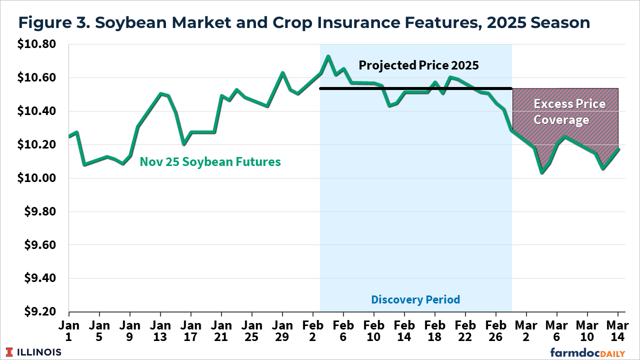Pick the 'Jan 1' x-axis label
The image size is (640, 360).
click(x=69, y=330)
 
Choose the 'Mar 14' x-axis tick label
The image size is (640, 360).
click(x=617, y=330)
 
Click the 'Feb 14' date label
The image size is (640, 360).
click(x=404, y=330)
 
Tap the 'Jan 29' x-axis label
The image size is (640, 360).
click(x=282, y=330)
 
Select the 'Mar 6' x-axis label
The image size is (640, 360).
click(x=556, y=330)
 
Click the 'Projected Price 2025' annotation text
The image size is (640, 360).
click(x=418, y=65)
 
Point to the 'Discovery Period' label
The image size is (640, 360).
click(x=415, y=299)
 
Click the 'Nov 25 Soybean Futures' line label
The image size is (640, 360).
click(x=210, y=162)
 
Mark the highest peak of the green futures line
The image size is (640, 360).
click(x=328, y=56)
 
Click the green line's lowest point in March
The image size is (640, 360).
click(x=541, y=172)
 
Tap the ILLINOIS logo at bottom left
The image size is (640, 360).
click(x=33, y=352)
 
